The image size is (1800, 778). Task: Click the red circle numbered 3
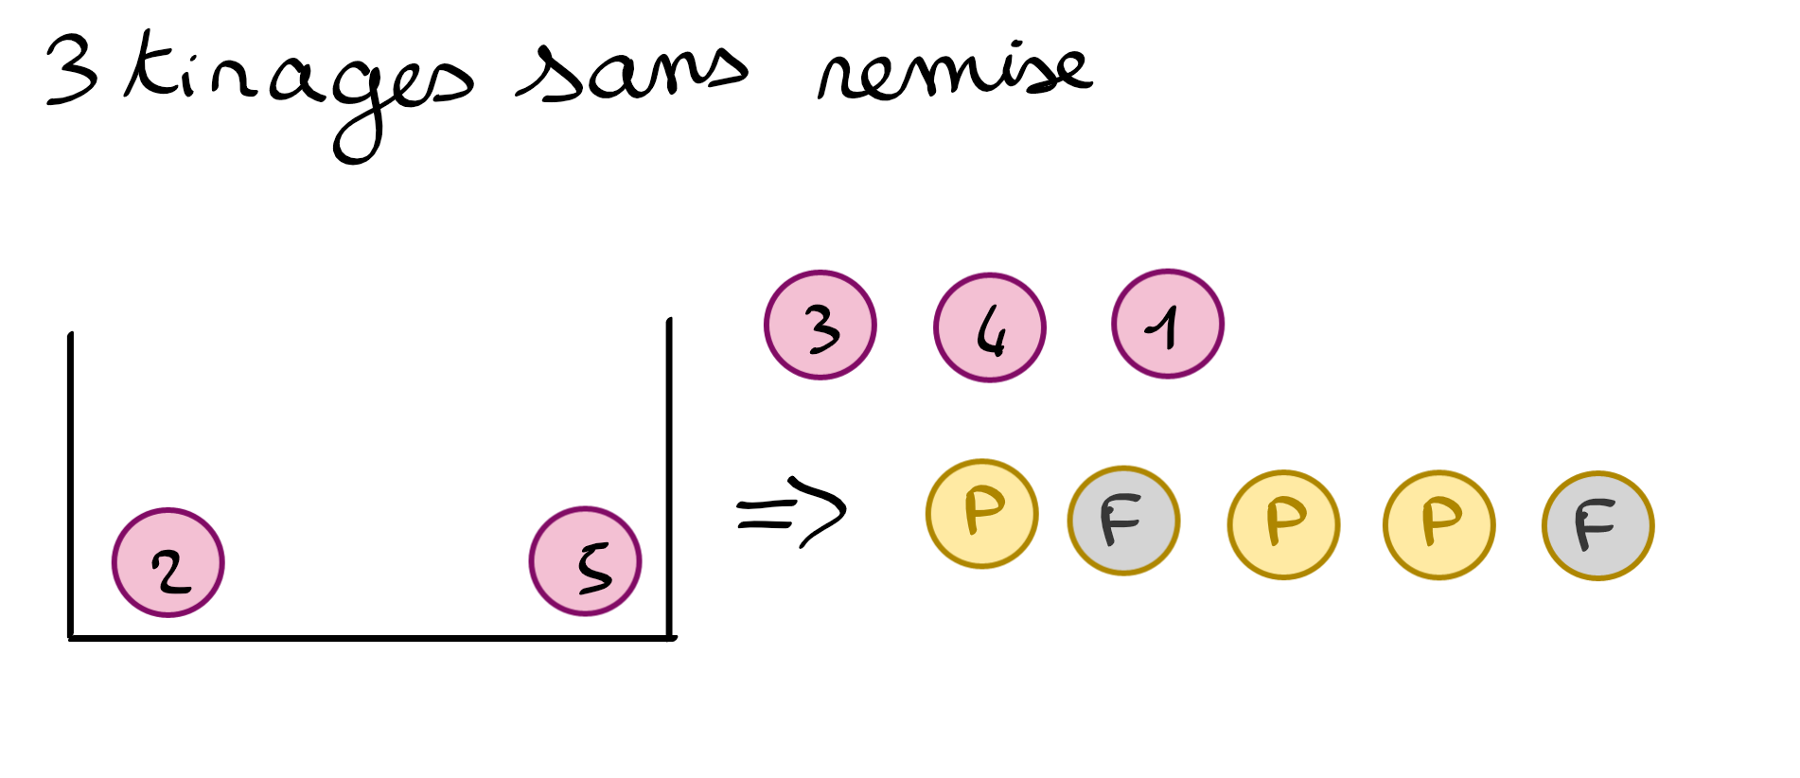pos(820,325)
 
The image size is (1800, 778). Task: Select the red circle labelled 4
pos(990,327)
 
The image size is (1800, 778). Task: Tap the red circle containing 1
pos(1168,324)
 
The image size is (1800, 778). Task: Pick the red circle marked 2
pos(168,562)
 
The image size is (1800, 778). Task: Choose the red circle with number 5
pos(585,561)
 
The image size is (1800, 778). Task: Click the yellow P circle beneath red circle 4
pos(981,514)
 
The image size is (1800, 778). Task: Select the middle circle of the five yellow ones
pos(1283,523)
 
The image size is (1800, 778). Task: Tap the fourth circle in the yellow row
pos(1438,523)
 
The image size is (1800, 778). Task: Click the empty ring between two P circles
pos(1123,521)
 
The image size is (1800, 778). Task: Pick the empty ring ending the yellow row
pos(1597,525)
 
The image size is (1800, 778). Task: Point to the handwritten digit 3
pos(821,328)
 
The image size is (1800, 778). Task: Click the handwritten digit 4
pos(990,333)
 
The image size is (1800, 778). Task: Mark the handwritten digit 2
pos(171,571)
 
